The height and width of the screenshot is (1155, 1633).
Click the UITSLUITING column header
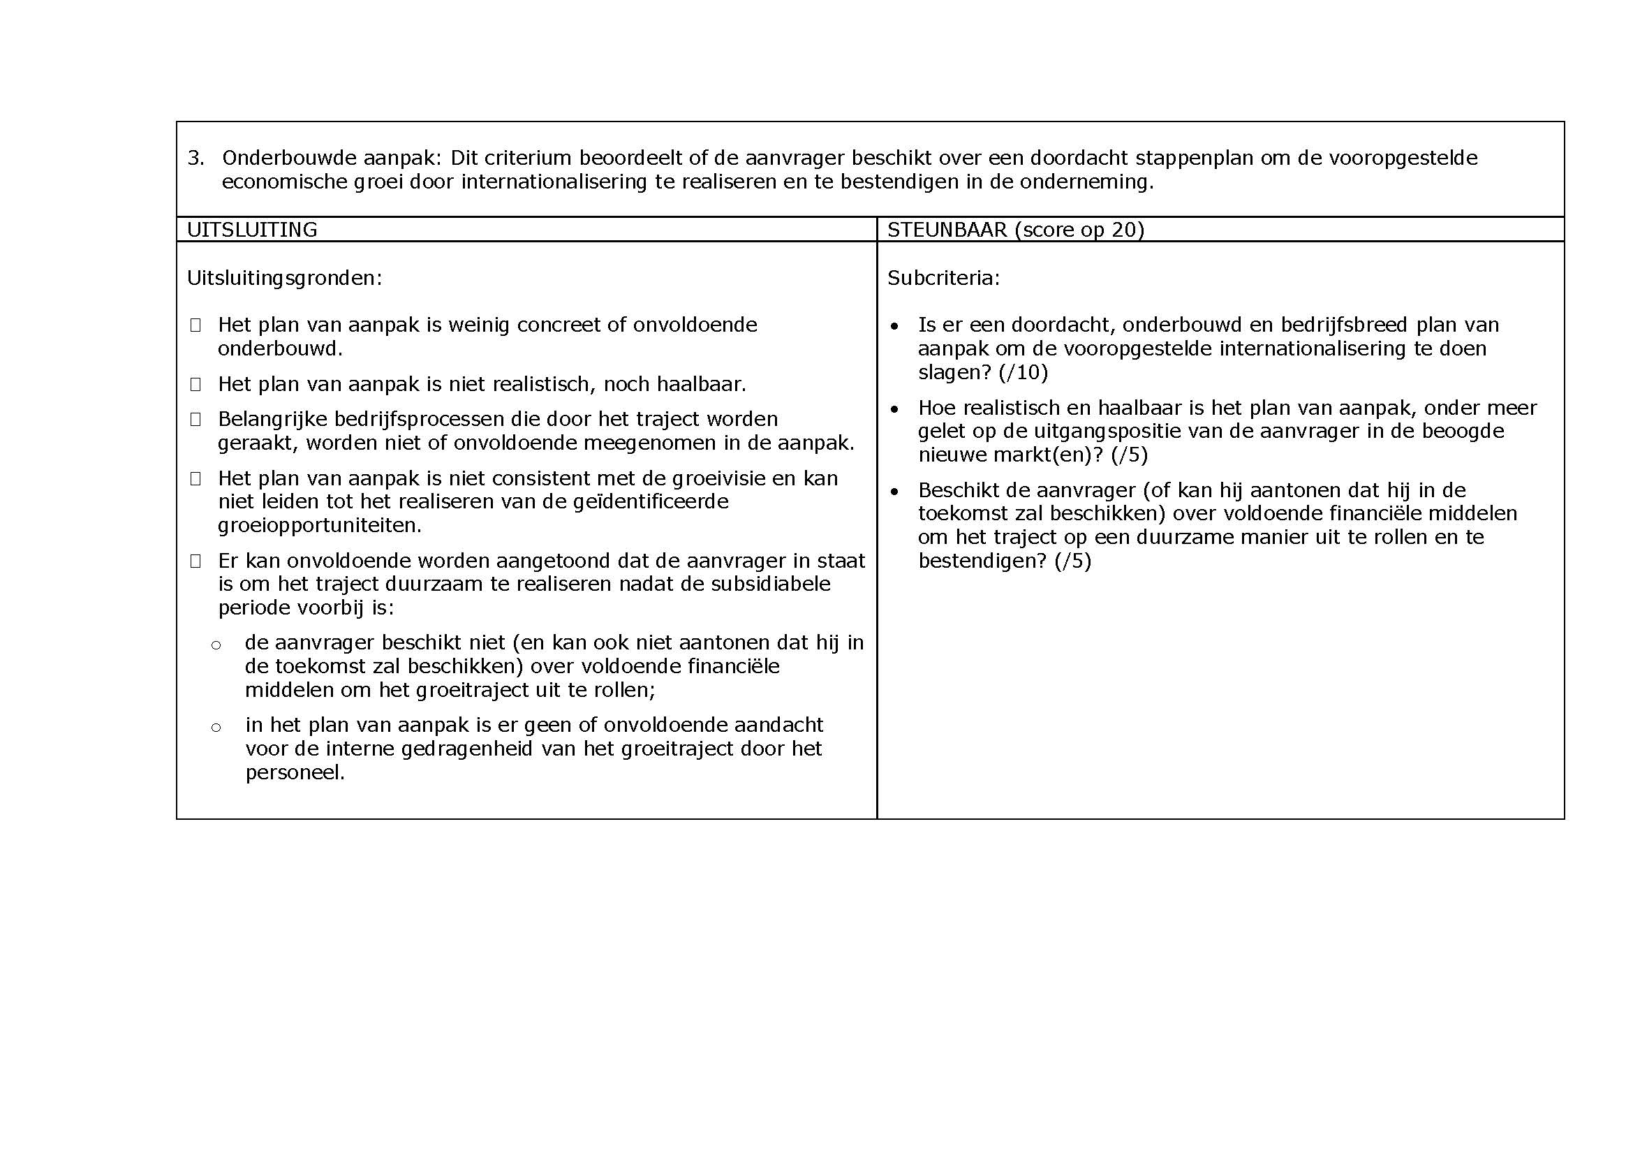(x=252, y=230)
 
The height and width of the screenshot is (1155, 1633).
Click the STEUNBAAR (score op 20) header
(x=1015, y=230)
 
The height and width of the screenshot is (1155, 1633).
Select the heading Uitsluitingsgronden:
(x=284, y=278)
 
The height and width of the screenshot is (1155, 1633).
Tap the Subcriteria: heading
(x=943, y=278)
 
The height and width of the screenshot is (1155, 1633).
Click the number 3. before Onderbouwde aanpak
(x=195, y=158)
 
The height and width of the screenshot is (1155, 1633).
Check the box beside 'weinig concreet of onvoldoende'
(x=195, y=325)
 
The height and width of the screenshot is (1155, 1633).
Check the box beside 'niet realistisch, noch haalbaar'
(x=195, y=385)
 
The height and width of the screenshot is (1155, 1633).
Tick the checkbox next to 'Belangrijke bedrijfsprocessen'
(x=195, y=420)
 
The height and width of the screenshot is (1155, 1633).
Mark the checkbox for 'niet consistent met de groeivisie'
(x=195, y=478)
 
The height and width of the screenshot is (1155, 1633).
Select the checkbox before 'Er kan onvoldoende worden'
(x=195, y=561)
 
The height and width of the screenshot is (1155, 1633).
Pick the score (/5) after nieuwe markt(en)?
(x=1130, y=455)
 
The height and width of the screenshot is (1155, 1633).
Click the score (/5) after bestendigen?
(x=1072, y=561)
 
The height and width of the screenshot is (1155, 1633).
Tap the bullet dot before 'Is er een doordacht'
(x=895, y=326)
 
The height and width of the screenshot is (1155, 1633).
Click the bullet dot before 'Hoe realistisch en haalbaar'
(x=895, y=410)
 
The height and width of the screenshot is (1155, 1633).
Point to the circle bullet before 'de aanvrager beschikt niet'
(x=216, y=645)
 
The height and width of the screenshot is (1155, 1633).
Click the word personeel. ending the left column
(x=295, y=772)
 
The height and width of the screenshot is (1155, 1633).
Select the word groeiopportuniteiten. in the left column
(x=319, y=526)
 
